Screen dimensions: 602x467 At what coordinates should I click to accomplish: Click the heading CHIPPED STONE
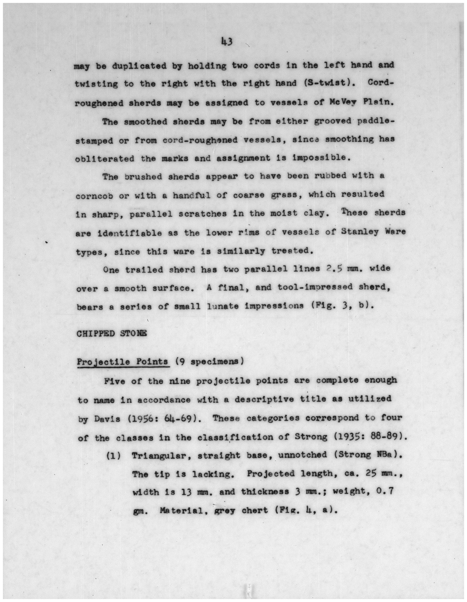coord(111,333)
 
